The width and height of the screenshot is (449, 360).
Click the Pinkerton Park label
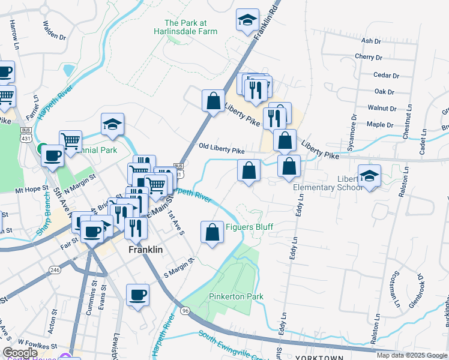236,297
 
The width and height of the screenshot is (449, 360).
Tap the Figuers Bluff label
249,227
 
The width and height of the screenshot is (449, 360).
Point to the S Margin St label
180,268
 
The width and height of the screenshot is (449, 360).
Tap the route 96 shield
185,310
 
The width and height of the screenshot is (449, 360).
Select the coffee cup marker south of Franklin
138,295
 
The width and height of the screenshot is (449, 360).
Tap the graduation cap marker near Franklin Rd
247,20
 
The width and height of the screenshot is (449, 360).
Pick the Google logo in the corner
20,353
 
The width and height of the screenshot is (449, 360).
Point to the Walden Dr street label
54,30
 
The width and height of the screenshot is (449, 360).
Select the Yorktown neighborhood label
319,357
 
